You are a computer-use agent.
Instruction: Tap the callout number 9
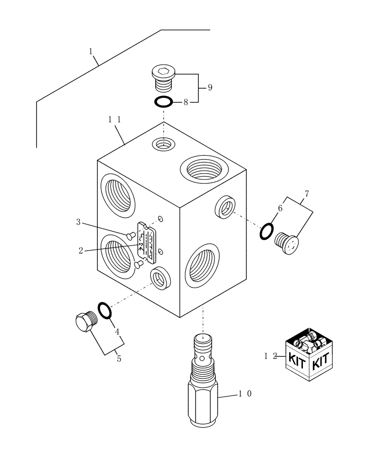tap(210, 88)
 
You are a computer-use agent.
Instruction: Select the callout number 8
tap(186, 103)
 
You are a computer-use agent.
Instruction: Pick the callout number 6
tap(280, 208)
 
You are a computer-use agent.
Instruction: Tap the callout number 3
tap(79, 223)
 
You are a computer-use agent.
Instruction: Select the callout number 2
tap(81, 250)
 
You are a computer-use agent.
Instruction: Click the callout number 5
tap(119, 359)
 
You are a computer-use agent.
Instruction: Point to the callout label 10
tap(245, 393)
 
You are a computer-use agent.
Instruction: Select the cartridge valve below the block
tap(203, 384)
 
